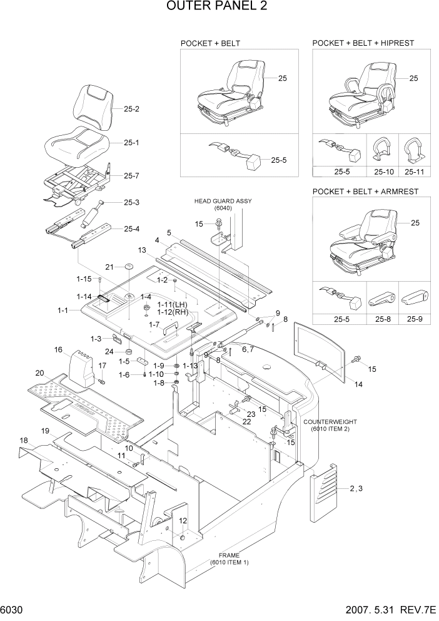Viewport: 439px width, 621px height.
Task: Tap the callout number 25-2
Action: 131,109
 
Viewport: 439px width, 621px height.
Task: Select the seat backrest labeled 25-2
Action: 94,106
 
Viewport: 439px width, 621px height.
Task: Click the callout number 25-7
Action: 131,176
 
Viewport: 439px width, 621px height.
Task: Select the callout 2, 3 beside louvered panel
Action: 356,488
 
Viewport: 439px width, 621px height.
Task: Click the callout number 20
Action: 39,373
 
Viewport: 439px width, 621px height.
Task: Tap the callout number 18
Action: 24,441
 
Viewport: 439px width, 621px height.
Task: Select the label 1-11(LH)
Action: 173,304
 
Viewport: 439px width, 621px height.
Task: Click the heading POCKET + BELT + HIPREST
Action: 363,43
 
